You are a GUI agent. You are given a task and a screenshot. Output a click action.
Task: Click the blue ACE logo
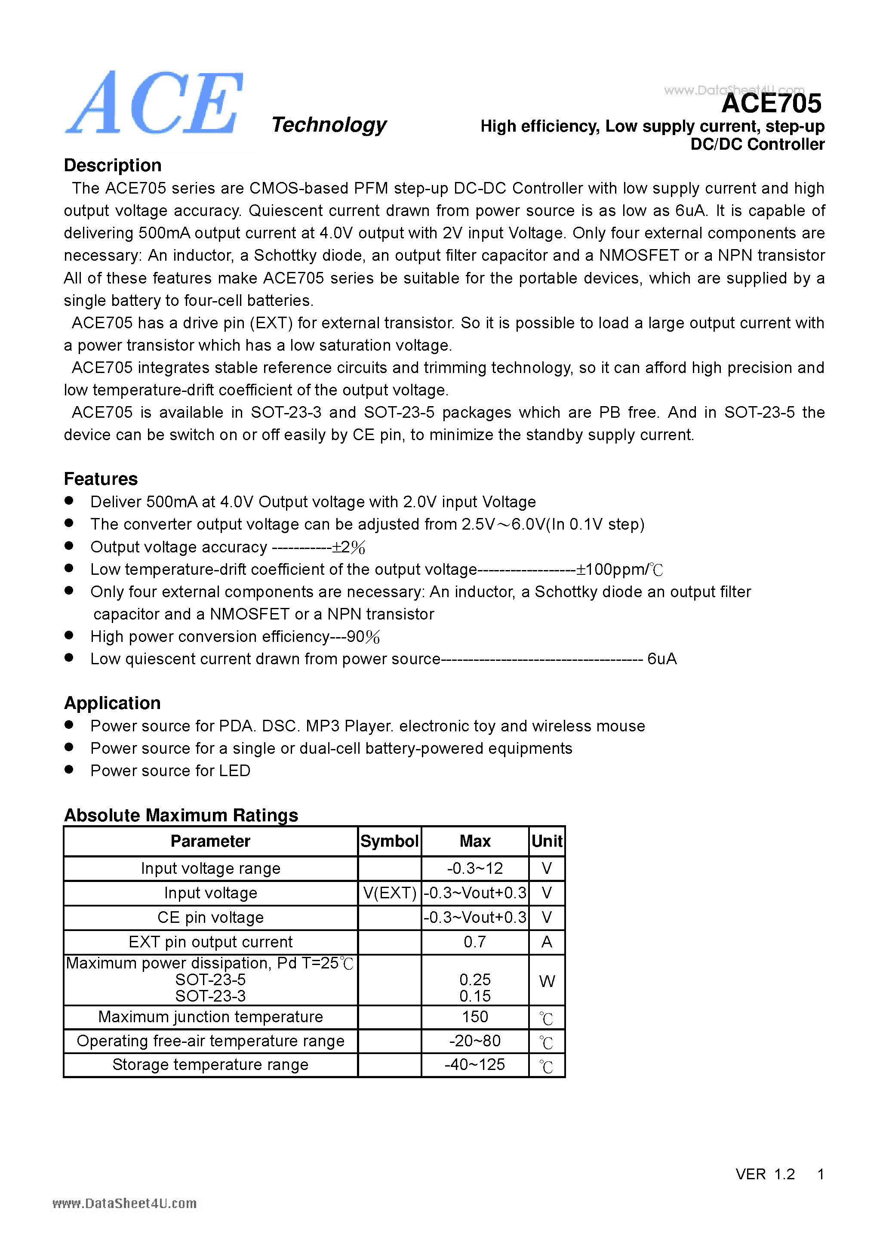pos(154,104)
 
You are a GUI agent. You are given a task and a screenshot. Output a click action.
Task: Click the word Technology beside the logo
pos(329,125)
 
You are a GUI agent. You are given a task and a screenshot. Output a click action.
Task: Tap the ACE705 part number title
pos(771,103)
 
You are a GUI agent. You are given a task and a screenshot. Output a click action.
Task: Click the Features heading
pos(101,479)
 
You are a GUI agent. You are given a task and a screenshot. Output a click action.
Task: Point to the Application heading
pos(112,703)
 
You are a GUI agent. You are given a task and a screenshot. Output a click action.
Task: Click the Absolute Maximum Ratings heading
pos(181,815)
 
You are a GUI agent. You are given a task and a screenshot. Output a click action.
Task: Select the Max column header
pos(475,841)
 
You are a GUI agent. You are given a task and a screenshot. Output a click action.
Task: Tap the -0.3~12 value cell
pos(475,869)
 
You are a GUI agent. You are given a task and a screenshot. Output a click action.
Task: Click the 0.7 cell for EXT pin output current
pos(475,942)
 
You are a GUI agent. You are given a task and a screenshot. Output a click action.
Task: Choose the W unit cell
pos(547,981)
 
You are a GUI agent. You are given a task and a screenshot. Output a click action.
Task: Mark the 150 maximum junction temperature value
pos(475,1017)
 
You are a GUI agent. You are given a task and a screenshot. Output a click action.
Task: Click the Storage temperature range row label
pos(210,1064)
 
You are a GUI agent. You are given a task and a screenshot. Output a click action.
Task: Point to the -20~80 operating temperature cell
pos(475,1041)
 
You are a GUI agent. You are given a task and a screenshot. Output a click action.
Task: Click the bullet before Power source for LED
pos(69,769)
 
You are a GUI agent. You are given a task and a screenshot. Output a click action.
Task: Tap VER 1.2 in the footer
pos(765,1174)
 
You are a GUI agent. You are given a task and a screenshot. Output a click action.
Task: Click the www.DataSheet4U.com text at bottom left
pos(124,1203)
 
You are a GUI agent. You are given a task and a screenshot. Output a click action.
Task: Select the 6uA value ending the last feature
pos(661,659)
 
